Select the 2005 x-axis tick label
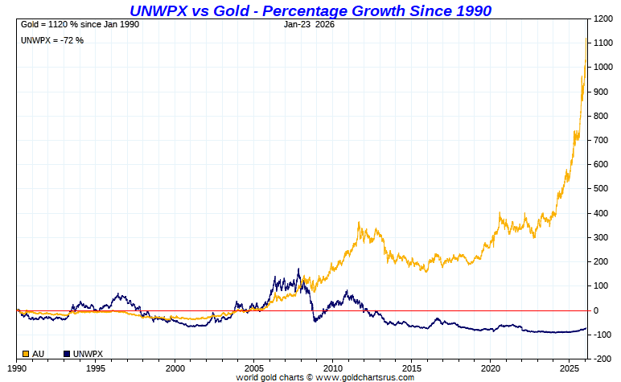254,368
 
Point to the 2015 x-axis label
412,368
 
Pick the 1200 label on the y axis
602,18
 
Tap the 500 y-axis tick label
599,189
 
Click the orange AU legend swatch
26,353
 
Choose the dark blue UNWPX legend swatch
67,353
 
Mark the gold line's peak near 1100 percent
586,39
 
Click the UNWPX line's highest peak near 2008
299,269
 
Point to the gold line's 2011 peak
360,223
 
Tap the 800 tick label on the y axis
599,116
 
